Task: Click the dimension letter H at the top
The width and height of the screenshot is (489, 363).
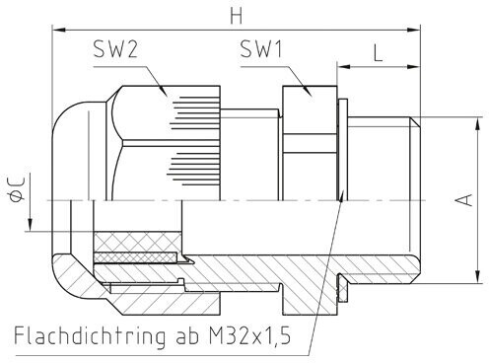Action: coord(237,16)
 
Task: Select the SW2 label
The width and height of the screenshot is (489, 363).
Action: coord(115,49)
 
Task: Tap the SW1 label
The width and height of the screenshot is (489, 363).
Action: coord(261,49)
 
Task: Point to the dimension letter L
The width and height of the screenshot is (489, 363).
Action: coord(379,53)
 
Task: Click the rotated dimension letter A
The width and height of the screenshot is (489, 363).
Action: coord(465,200)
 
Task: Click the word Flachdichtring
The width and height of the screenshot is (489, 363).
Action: coord(90,336)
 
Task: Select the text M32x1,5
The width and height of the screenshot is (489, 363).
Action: coord(249,335)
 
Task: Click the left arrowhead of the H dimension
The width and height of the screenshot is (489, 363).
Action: coord(58,30)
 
